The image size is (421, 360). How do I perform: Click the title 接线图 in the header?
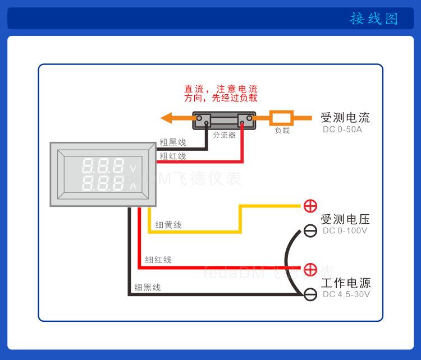(x=373, y=19)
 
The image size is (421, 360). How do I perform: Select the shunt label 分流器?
(x=224, y=135)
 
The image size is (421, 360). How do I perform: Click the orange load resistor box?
(x=281, y=118)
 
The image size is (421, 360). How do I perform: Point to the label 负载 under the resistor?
(x=282, y=131)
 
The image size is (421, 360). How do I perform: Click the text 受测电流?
(x=345, y=118)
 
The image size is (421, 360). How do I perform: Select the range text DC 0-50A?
(x=342, y=130)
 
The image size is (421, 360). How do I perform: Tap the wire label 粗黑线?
(x=172, y=142)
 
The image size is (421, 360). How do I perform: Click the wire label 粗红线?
(x=172, y=156)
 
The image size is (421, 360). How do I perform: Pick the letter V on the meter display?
(x=133, y=168)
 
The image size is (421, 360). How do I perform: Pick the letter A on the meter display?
(x=133, y=186)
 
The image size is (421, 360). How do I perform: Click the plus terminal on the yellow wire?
(x=310, y=206)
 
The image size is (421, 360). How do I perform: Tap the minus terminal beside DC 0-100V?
(x=310, y=230)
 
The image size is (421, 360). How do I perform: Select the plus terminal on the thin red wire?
(x=310, y=269)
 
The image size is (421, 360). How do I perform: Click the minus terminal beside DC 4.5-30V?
(x=310, y=294)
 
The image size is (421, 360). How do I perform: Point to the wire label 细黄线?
(x=168, y=225)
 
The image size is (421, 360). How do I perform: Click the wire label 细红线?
(x=158, y=260)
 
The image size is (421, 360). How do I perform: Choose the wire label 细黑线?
(x=148, y=287)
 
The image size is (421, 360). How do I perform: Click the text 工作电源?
(x=345, y=283)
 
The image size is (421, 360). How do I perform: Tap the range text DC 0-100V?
(x=345, y=230)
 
